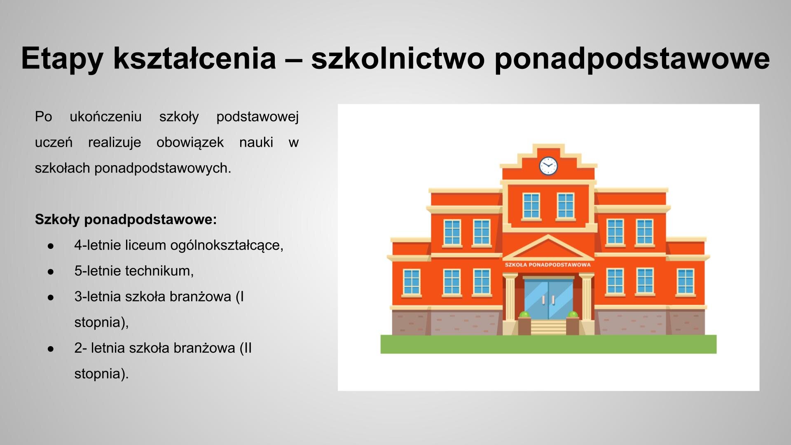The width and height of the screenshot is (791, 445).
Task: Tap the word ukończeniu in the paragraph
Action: (105, 117)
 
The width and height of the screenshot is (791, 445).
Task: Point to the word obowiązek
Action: (190, 143)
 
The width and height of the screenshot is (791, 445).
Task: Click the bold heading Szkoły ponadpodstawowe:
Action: (126, 220)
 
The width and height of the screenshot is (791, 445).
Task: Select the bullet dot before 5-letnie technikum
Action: (51, 272)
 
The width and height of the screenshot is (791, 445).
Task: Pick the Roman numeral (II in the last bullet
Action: (246, 348)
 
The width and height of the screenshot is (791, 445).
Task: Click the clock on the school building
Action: (548, 166)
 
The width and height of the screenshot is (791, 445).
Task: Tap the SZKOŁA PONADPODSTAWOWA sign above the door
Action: (548, 265)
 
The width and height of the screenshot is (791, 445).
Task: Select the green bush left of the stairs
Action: (524, 315)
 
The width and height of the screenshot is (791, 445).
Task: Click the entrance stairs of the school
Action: (548, 328)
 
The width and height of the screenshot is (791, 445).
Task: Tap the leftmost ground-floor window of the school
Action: (411, 282)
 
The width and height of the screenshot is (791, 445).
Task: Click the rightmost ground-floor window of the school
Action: (685, 282)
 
